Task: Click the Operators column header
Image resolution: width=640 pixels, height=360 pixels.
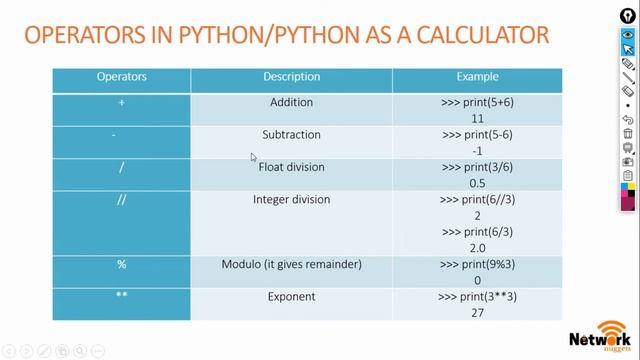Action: [x=121, y=77]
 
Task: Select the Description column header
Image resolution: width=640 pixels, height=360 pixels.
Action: [x=291, y=77]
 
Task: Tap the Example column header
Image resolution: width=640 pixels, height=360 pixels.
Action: [x=477, y=77]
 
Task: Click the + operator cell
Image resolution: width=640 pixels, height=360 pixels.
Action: [x=121, y=102]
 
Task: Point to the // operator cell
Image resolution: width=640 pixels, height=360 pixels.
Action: [x=121, y=200]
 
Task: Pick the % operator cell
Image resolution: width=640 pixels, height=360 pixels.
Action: [x=121, y=264]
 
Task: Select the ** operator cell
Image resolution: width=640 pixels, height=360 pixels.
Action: [x=121, y=297]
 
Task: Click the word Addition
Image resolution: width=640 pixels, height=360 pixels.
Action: [x=291, y=102]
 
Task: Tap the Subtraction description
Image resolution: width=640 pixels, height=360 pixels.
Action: [x=291, y=135]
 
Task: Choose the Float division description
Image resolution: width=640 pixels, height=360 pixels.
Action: [x=291, y=167]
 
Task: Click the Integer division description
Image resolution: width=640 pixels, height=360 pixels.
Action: [x=291, y=200]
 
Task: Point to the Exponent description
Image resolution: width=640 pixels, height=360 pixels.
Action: [x=291, y=297]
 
